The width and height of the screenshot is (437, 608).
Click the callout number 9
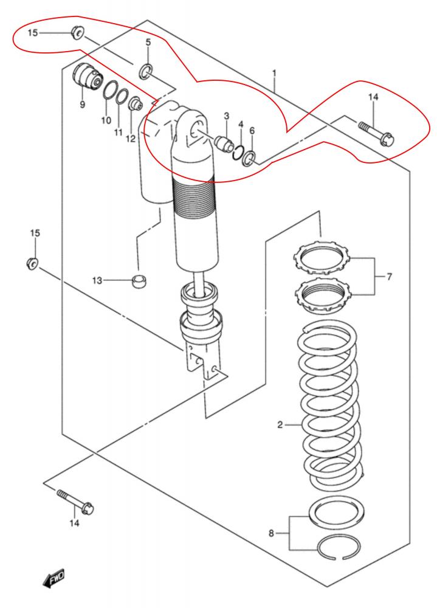coord(82,105)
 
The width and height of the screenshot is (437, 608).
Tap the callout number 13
coord(97,280)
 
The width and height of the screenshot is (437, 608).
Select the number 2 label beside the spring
coord(280,425)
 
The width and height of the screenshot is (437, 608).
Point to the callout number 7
coord(389,277)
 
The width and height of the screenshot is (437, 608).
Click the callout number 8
coord(271,533)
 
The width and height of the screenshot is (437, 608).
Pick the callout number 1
coord(274,74)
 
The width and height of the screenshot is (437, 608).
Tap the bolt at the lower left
coord(75,502)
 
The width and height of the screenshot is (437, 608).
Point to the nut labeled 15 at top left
coord(77,32)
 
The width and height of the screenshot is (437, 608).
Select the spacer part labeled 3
coord(224,143)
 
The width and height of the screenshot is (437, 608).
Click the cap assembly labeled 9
coord(87,76)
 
